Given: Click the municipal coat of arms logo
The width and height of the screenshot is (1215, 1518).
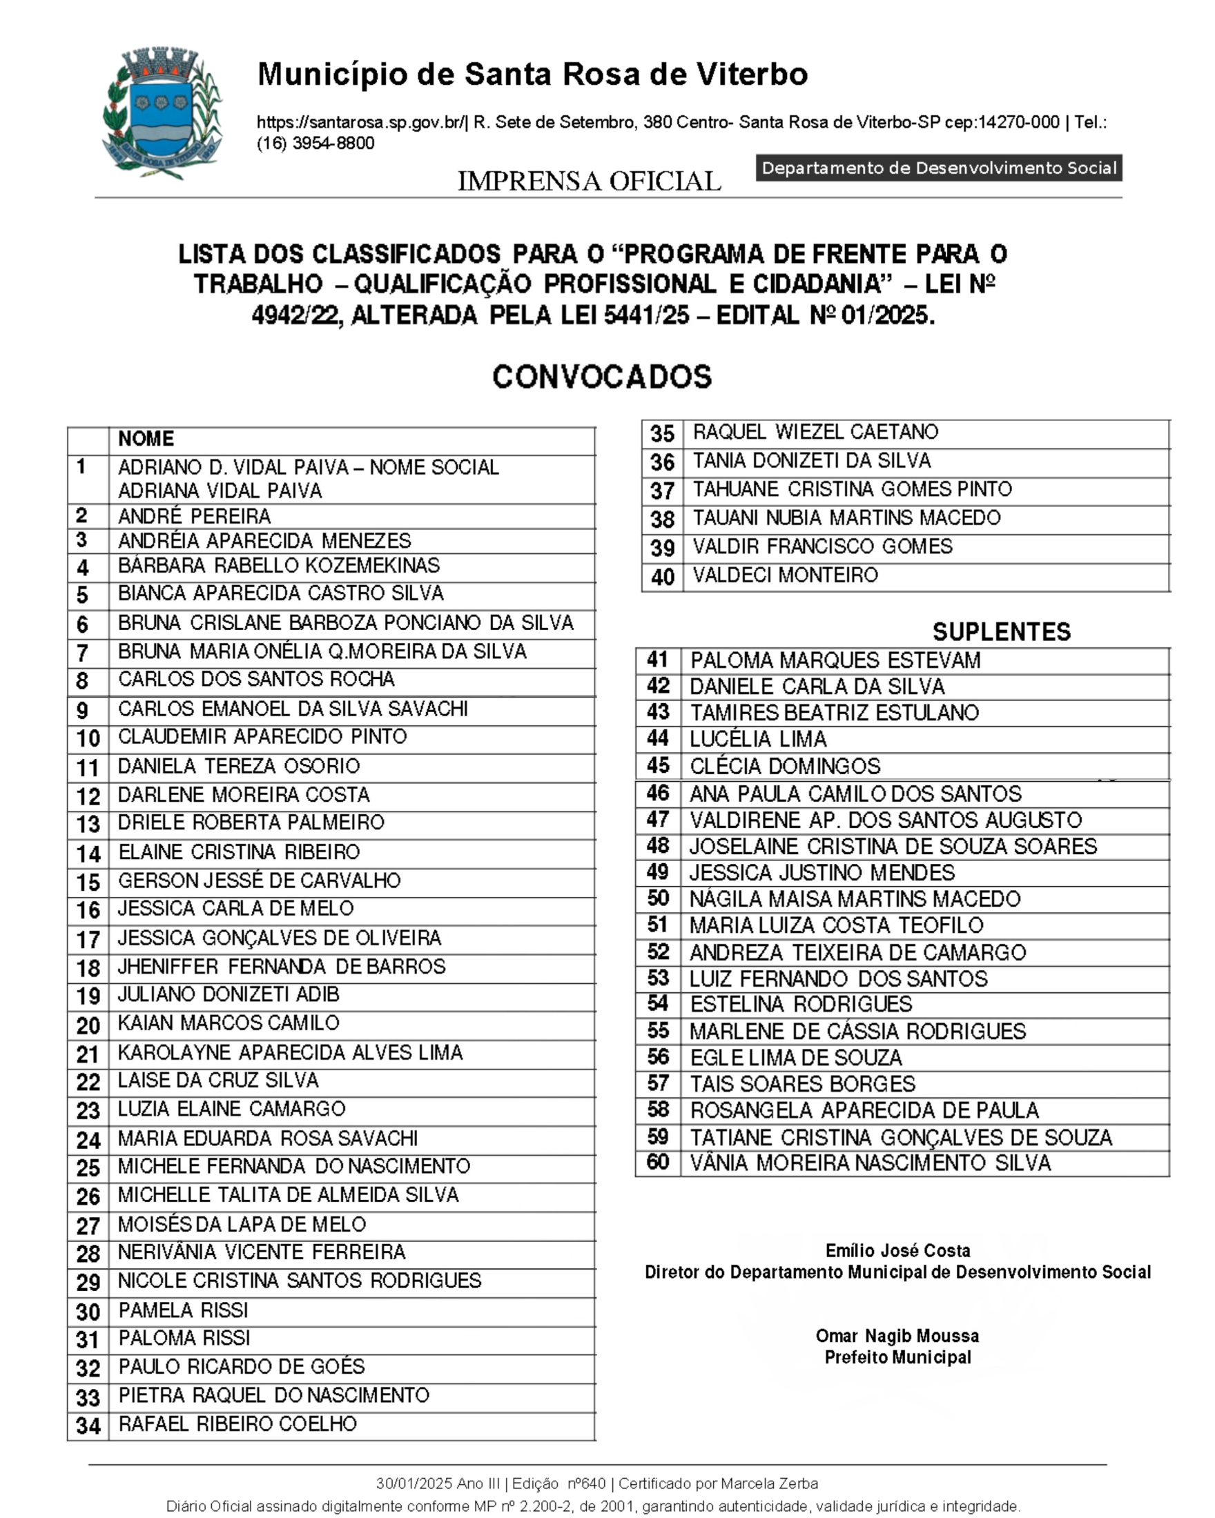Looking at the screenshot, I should (162, 112).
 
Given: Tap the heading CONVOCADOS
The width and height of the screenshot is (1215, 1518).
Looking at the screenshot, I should (601, 377).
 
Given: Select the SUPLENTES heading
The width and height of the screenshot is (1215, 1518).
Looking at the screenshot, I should (1001, 631).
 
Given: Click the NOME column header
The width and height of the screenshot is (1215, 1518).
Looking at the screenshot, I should (146, 439).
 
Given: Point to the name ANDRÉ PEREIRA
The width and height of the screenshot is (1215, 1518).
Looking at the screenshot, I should (195, 516).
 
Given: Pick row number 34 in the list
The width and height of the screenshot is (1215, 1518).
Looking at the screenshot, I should (88, 1426).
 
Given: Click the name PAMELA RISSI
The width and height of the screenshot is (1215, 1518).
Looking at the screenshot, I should (183, 1310).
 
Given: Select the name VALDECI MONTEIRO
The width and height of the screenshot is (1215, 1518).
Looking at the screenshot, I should (786, 575).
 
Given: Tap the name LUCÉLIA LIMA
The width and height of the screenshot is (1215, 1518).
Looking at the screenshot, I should (758, 738).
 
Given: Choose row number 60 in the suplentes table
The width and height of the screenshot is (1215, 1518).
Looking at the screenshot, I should (658, 1162).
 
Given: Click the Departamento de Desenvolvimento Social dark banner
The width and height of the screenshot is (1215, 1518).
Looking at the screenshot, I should (939, 168).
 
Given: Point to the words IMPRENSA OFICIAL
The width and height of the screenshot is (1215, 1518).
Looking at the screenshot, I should (590, 181).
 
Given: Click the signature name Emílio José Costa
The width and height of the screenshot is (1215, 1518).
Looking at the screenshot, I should (897, 1250).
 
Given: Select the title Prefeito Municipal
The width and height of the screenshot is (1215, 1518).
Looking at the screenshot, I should (897, 1357).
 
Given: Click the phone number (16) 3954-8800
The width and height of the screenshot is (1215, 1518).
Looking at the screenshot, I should (315, 143).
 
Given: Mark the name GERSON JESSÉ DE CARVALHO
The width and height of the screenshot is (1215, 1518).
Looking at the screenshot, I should (259, 881).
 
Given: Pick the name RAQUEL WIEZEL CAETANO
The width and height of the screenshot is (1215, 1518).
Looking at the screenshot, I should (815, 432).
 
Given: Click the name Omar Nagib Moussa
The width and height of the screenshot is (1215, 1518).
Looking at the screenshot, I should (897, 1336).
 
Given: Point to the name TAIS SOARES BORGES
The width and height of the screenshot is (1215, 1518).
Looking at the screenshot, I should (802, 1083).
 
